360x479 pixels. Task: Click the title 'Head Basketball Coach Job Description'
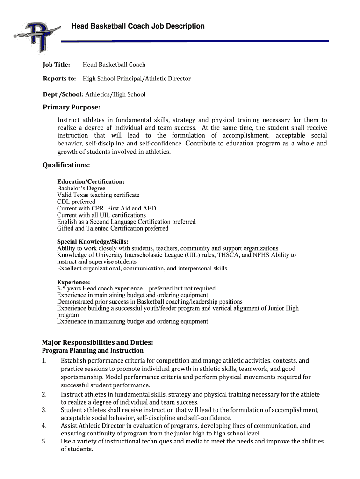coord(138,26)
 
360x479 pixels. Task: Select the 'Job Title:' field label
coord(56,65)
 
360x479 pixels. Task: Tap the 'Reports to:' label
coord(59,79)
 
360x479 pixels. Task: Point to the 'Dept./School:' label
coord(63,94)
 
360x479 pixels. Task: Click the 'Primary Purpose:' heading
coord(72,108)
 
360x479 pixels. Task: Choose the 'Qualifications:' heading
coord(66,165)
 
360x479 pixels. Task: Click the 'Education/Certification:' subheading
coord(91,181)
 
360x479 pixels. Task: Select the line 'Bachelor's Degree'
coord(81,189)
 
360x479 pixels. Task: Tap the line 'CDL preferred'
coord(76,202)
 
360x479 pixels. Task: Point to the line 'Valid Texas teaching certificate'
coord(98,195)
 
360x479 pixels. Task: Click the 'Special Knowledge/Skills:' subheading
coord(92,242)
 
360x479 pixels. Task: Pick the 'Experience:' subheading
coord(73,282)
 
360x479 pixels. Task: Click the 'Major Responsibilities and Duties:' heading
coord(98,342)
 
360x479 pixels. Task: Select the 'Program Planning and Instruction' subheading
coord(93,351)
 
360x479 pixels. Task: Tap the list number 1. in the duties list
coord(44,361)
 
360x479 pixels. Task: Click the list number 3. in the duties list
coord(44,410)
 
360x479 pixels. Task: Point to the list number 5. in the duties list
coord(44,442)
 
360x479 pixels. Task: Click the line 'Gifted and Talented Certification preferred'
coord(113,229)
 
